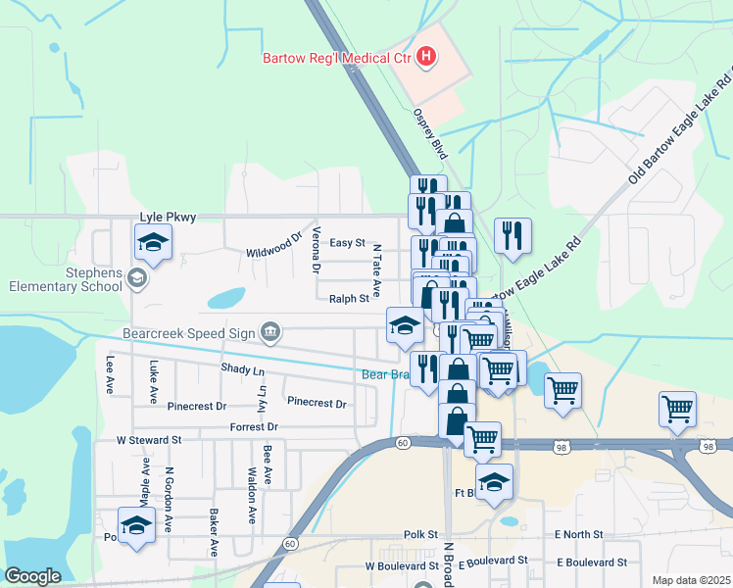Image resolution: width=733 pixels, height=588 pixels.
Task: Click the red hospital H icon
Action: [x=425, y=57]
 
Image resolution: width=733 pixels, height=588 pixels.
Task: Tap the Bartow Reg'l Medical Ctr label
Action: [x=335, y=57]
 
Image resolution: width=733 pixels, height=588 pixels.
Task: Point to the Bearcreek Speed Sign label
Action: [x=191, y=332]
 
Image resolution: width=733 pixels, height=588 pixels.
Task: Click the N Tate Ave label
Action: [x=374, y=263]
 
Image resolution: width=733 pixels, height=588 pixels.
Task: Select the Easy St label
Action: [x=347, y=243]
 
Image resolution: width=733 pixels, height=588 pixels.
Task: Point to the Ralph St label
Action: [x=349, y=298]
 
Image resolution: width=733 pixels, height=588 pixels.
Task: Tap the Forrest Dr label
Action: [x=254, y=427]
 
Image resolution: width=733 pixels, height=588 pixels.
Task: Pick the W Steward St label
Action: [x=149, y=441]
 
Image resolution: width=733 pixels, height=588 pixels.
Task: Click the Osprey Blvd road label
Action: [x=431, y=135]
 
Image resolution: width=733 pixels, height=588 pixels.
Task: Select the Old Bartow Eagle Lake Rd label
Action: [x=680, y=125]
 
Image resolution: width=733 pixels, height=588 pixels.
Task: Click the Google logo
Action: [x=32, y=576]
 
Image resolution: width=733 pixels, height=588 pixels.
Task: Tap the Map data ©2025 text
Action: [x=691, y=580]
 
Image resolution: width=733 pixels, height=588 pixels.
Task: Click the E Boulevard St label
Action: [x=591, y=562]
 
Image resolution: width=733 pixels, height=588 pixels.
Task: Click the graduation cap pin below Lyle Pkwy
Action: [x=153, y=242]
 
